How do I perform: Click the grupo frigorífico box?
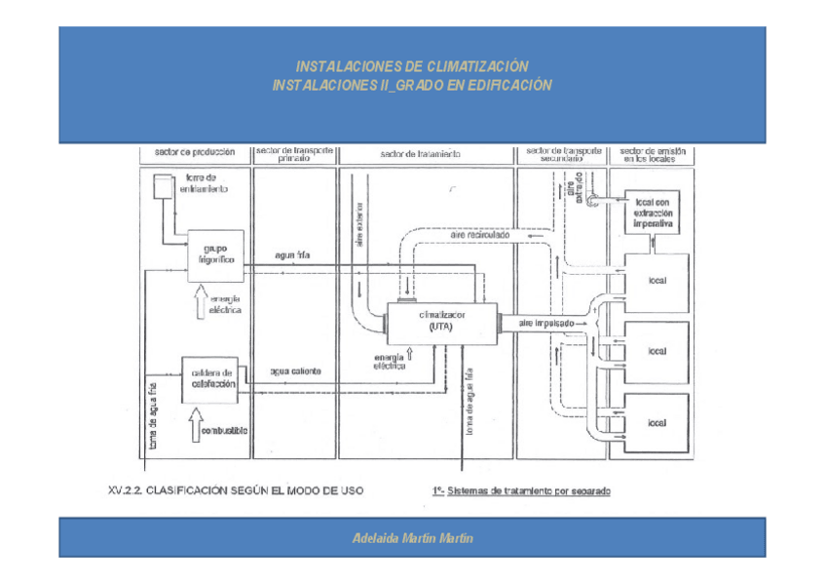pyautogui.click(x=213, y=254)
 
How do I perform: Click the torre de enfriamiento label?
pyautogui.click(x=205, y=183)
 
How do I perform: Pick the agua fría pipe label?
pyautogui.click(x=293, y=255)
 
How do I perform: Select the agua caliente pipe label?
pyautogui.click(x=295, y=371)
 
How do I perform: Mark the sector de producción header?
pyautogui.click(x=195, y=152)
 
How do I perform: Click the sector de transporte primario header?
pyautogui.click(x=294, y=154)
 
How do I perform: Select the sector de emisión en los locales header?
pyautogui.click(x=652, y=154)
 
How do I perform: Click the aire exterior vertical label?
pyautogui.click(x=359, y=223)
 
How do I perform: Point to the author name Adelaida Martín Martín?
pyautogui.click(x=412, y=538)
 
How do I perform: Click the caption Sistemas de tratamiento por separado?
pyautogui.click(x=528, y=491)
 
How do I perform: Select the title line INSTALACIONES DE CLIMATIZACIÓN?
pyautogui.click(x=412, y=66)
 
